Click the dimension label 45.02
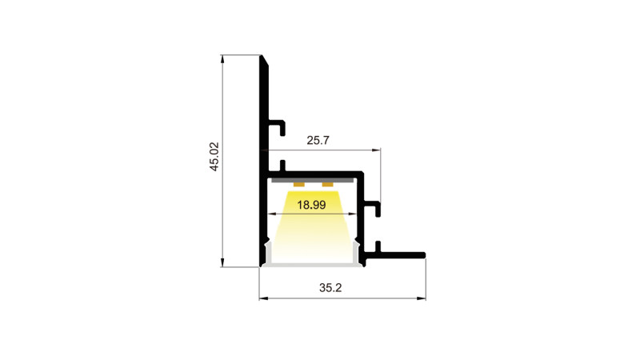[214, 158]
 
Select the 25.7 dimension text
[318, 141]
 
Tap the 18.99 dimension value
[311, 205]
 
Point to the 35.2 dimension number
[330, 288]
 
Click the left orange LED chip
[299, 185]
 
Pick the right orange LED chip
[327, 185]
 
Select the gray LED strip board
[313, 181]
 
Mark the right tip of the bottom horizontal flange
[423, 256]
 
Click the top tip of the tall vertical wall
[262, 58]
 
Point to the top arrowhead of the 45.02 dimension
[223, 58]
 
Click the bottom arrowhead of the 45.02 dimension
[223, 264]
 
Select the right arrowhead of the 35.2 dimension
[422, 299]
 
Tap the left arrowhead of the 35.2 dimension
[262, 299]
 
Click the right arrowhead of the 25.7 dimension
[377, 150]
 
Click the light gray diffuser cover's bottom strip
[312, 265]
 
